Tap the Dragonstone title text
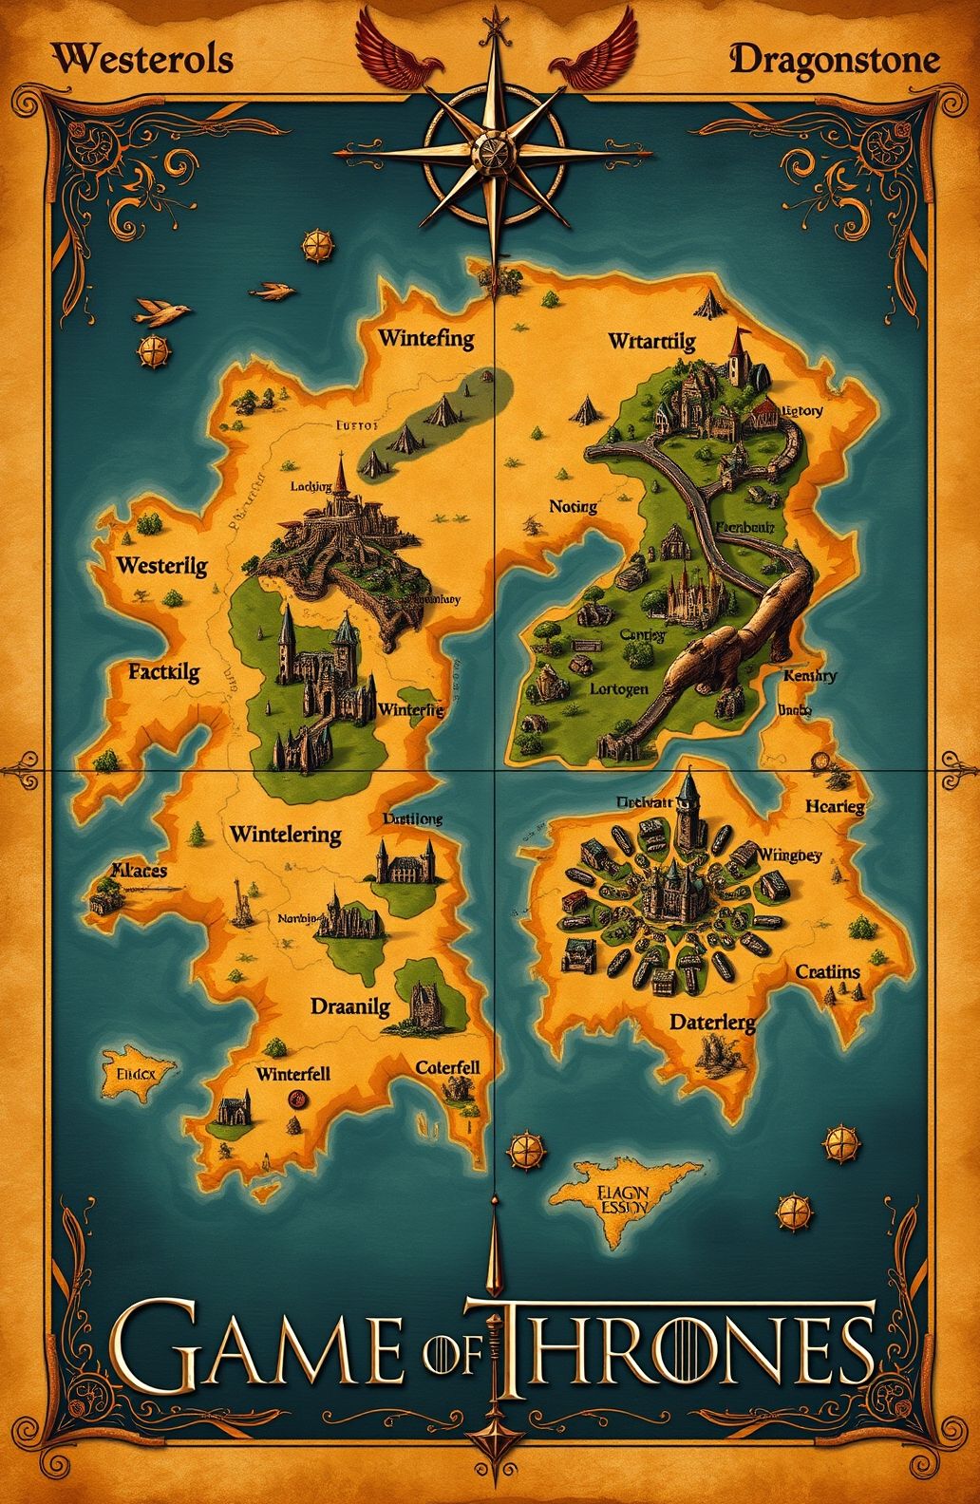click(x=836, y=62)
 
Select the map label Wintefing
click(x=426, y=339)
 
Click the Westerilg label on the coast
click(x=161, y=566)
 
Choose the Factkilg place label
click(x=163, y=673)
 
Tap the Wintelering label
click(x=285, y=835)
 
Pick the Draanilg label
click(x=349, y=1007)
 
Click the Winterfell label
click(x=292, y=1074)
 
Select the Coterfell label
click(x=447, y=1067)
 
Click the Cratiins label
click(x=827, y=971)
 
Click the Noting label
click(x=574, y=507)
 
